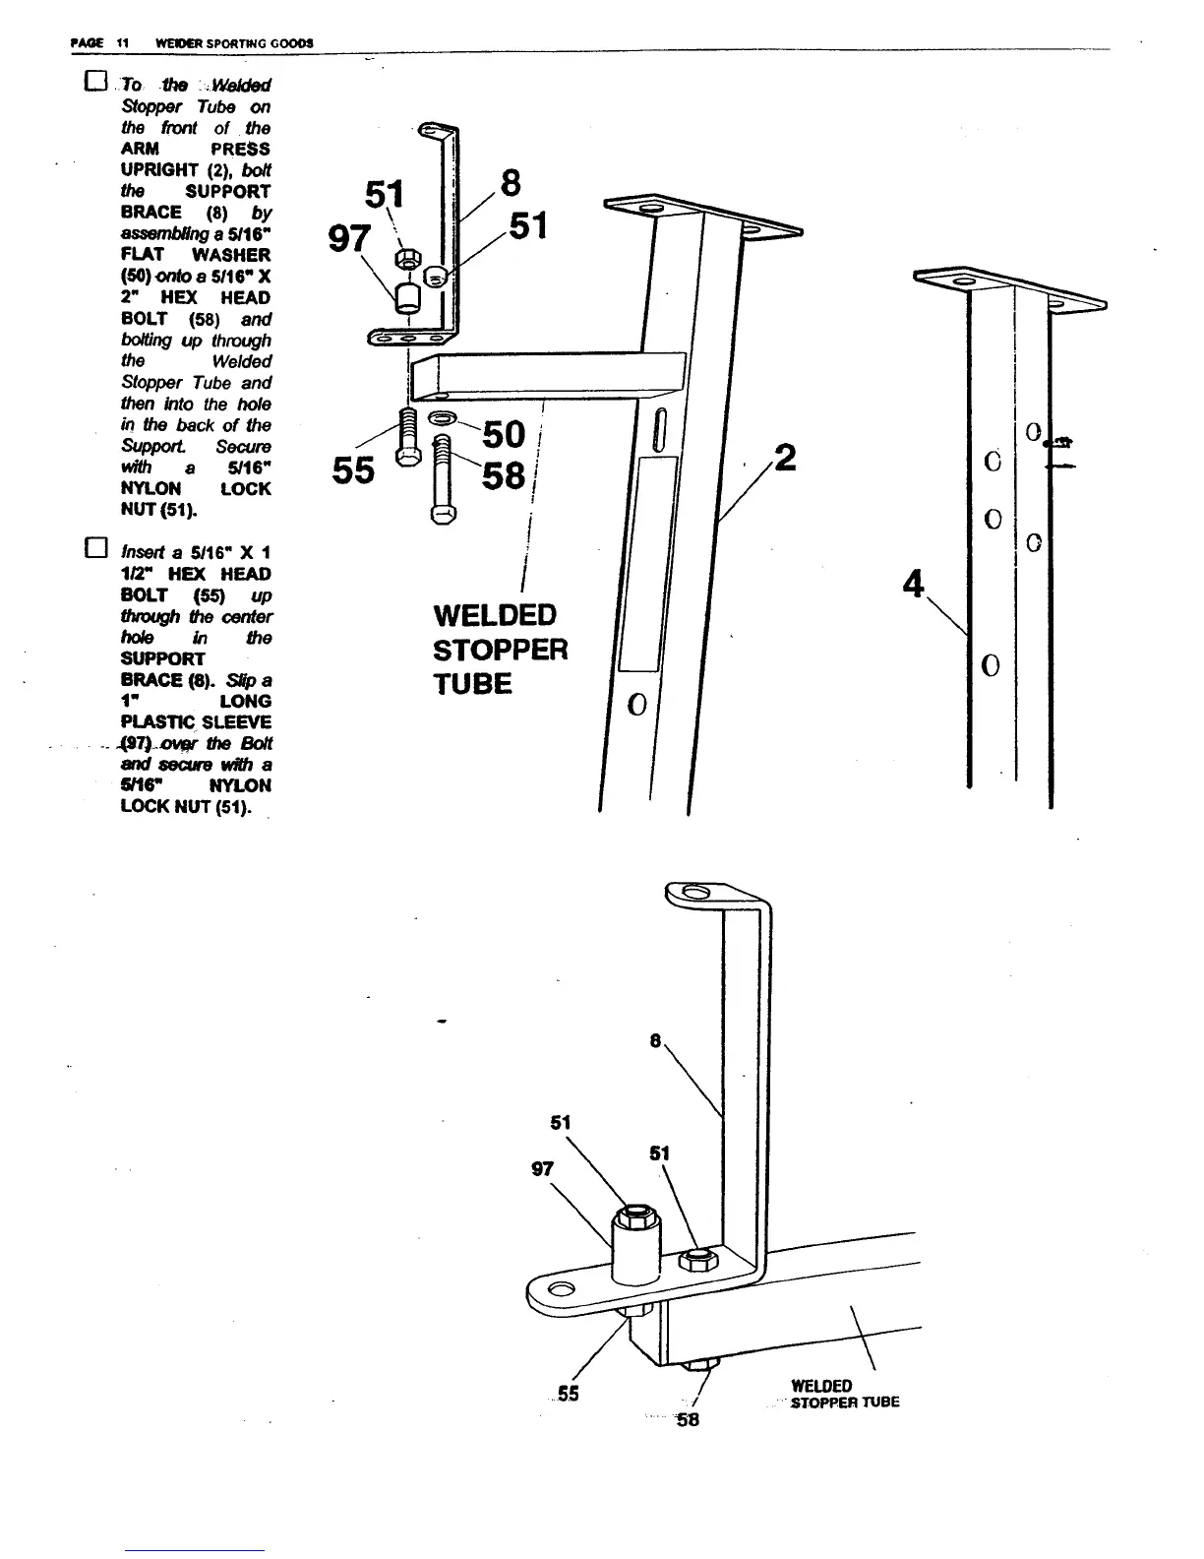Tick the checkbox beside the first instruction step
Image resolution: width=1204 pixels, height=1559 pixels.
[94, 83]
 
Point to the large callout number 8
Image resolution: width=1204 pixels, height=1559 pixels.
[511, 184]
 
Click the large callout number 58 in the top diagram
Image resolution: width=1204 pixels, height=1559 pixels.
[504, 476]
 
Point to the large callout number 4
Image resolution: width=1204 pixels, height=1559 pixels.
[914, 584]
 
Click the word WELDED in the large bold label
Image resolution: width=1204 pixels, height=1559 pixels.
[495, 616]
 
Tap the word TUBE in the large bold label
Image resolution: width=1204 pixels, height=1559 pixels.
[472, 684]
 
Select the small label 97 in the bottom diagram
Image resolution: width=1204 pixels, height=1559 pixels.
[542, 1169]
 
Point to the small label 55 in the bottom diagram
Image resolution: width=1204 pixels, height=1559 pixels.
[568, 1394]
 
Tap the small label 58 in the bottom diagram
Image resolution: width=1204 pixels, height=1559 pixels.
[688, 1419]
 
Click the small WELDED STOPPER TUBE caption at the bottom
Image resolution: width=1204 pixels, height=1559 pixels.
[844, 1395]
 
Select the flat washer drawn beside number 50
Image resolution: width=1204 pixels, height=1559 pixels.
[443, 417]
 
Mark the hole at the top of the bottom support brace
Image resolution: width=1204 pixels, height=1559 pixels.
[694, 893]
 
